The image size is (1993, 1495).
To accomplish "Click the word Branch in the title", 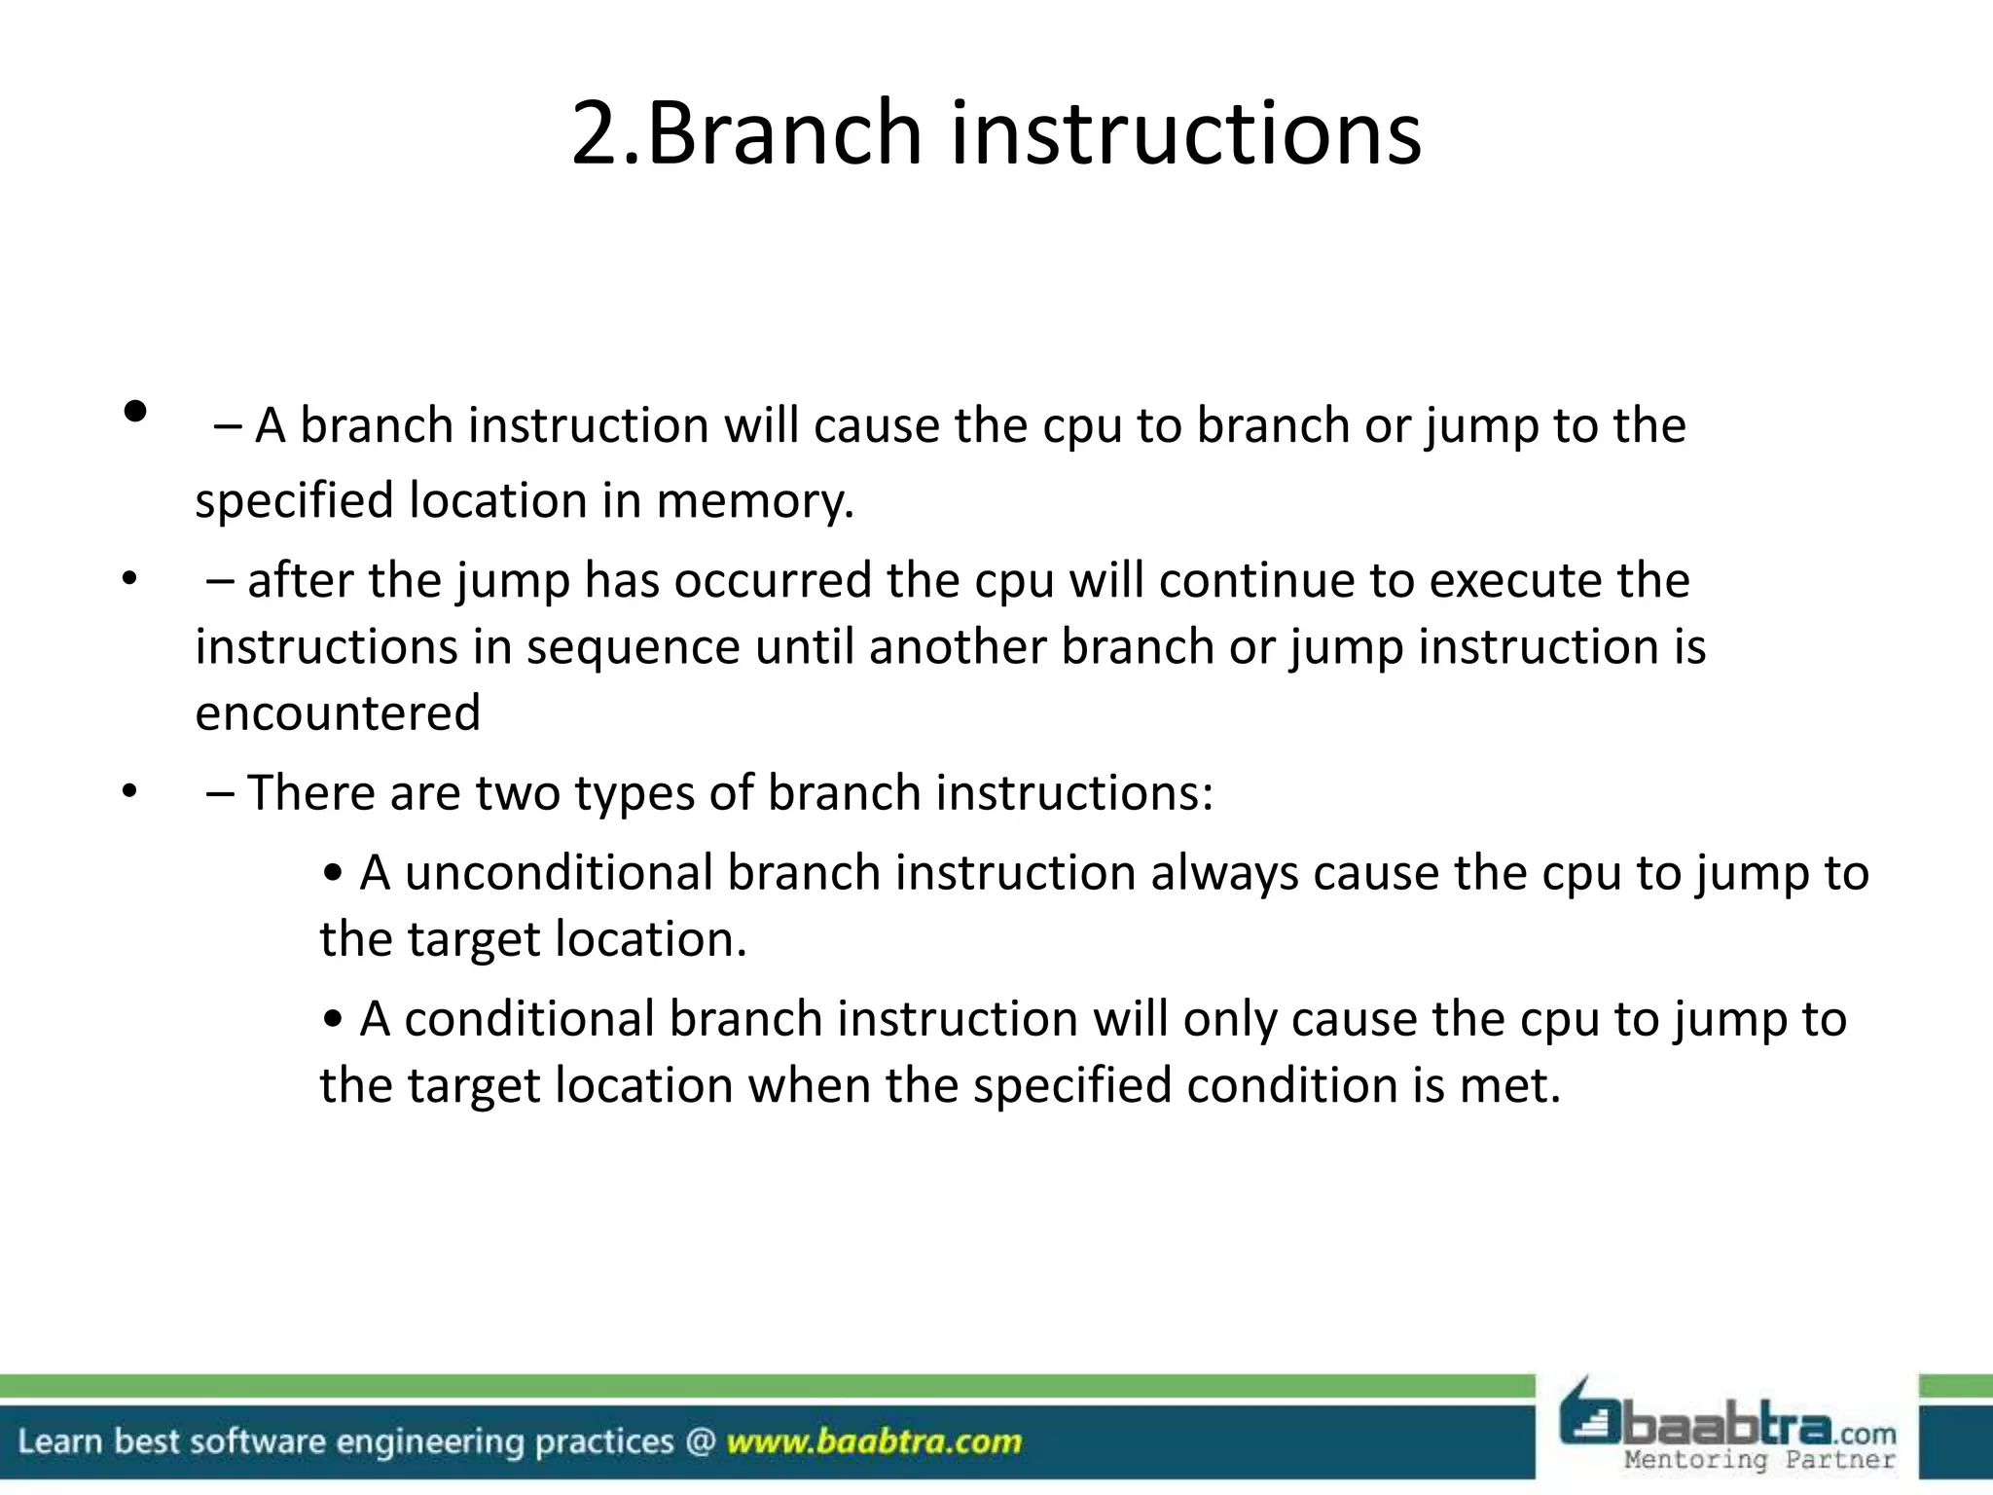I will [x=783, y=133].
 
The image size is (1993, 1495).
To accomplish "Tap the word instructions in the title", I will [x=1185, y=133].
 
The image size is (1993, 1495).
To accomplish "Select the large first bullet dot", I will [x=135, y=412].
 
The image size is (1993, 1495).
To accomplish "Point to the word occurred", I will [x=773, y=581].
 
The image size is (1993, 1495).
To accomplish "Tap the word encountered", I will [x=338, y=713].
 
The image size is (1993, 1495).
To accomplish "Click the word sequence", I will [x=633, y=647].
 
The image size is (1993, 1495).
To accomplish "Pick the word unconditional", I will [x=559, y=873].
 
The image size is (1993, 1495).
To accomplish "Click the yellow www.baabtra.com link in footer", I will [x=874, y=1441].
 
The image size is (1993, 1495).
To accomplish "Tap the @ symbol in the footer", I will [x=700, y=1440].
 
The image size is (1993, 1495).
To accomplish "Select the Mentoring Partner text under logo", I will [x=1759, y=1460].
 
